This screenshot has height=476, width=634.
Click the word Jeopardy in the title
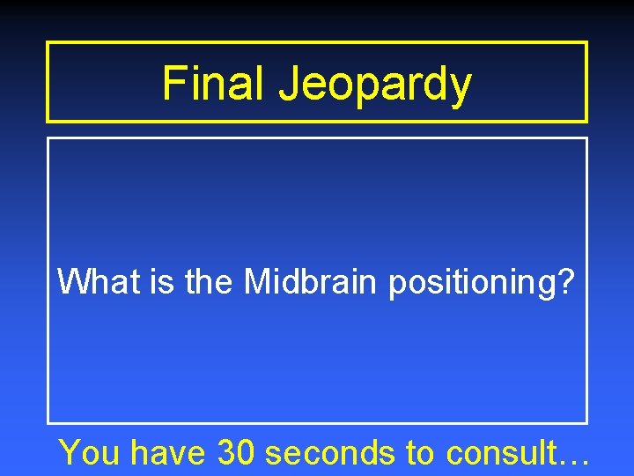(x=376, y=86)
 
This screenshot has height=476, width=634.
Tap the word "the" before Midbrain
(x=210, y=282)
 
